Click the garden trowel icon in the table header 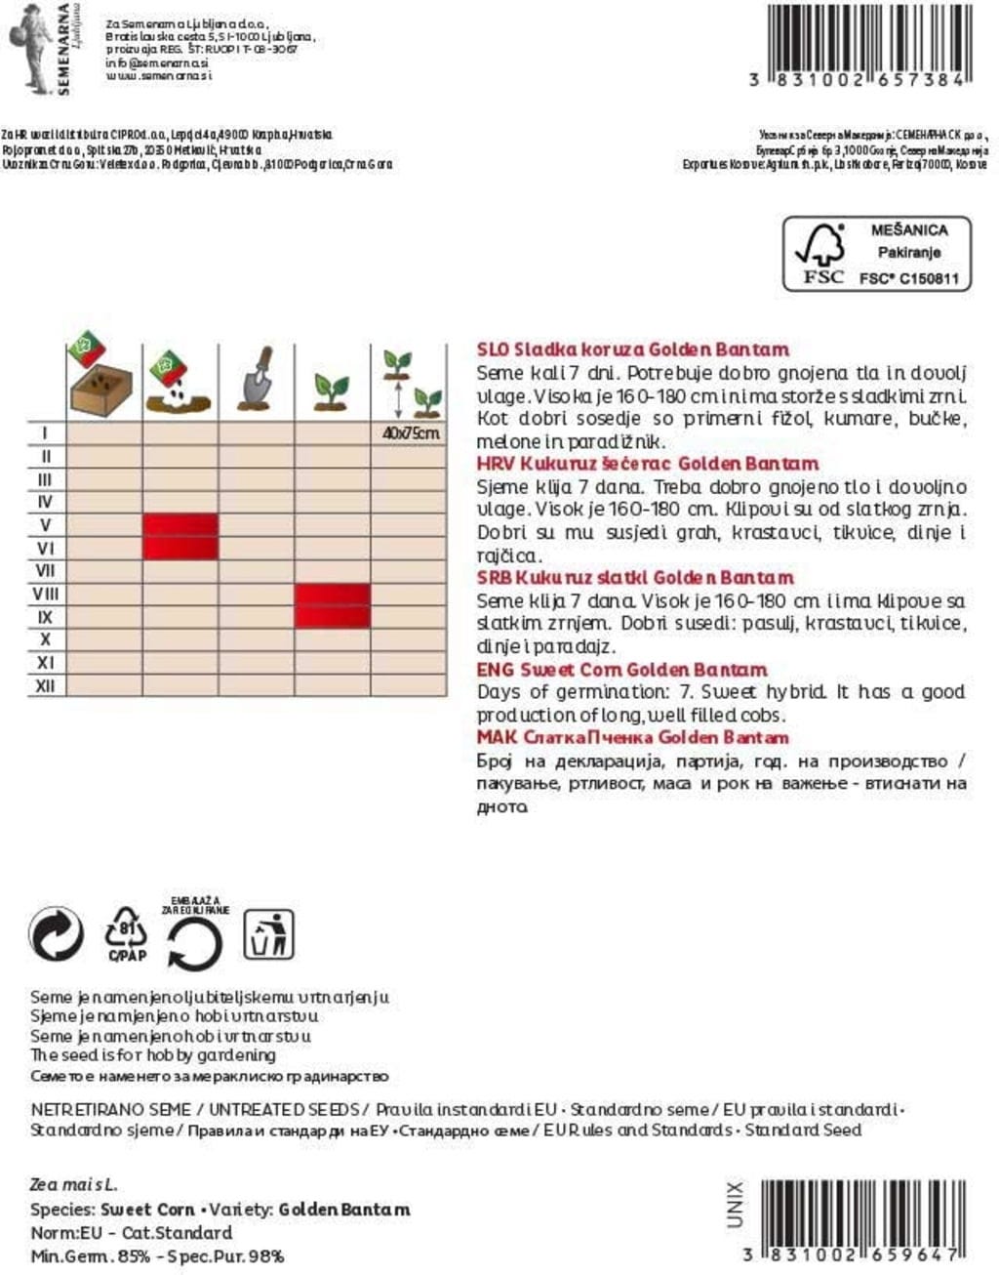(x=257, y=382)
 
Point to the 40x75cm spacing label (x=410, y=432)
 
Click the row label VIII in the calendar (x=46, y=594)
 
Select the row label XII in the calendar (x=46, y=686)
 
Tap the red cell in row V (x=180, y=525)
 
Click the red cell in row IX (x=333, y=617)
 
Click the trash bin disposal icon (x=268, y=934)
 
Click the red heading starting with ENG (x=621, y=670)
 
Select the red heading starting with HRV (x=647, y=464)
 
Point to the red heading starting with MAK (x=632, y=737)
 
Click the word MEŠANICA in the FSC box (x=909, y=230)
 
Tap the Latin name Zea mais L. (x=74, y=1184)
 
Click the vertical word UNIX (x=736, y=1204)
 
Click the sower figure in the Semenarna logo (x=31, y=44)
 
